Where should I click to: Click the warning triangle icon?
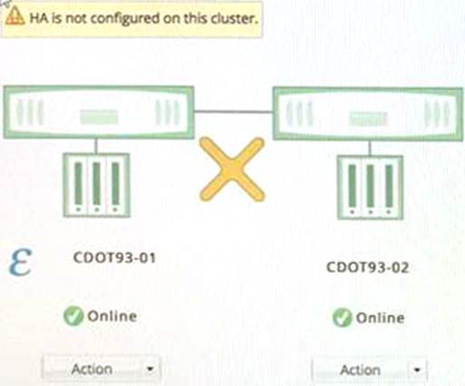coord(15,16)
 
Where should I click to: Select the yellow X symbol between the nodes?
coord(232,169)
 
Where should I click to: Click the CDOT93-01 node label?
coord(114,258)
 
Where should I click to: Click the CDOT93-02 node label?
coord(367,267)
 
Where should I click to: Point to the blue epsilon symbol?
coord(20,262)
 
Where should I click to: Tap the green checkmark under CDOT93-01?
coord(73,316)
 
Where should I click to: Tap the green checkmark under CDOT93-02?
coord(342,318)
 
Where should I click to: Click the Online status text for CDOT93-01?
coord(112,316)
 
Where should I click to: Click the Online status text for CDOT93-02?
coord(380,318)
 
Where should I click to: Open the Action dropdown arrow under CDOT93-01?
coord(150,369)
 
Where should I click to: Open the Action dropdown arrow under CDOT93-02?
coord(417,370)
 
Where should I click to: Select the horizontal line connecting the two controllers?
coord(233,111)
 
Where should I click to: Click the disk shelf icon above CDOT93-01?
coord(97,185)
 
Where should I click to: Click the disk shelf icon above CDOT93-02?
coord(370,188)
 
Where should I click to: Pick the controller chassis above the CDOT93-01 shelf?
coord(99,112)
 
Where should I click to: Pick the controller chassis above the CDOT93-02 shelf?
coord(368,114)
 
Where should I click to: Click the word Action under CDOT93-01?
coord(92,369)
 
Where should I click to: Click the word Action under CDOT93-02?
coord(360,371)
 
